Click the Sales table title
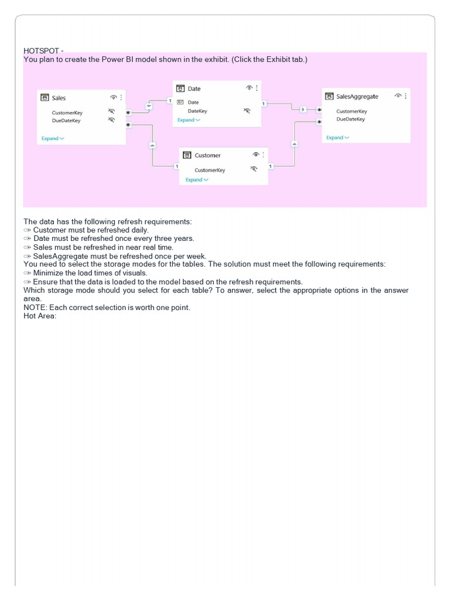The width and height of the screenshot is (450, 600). pyautogui.click(x=59, y=98)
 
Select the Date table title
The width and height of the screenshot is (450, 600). pyautogui.click(x=194, y=88)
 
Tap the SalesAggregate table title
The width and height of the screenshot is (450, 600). pyautogui.click(x=357, y=96)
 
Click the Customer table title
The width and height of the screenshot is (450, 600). pyautogui.click(x=207, y=155)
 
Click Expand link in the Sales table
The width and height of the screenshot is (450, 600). pyautogui.click(x=52, y=138)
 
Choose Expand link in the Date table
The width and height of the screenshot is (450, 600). pyautogui.click(x=188, y=120)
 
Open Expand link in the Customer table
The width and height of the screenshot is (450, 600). pyautogui.click(x=196, y=180)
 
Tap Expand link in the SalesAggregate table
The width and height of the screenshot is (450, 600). pyautogui.click(x=337, y=138)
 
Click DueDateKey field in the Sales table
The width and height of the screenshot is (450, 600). pyautogui.click(x=66, y=121)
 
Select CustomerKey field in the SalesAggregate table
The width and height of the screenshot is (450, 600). pyautogui.click(x=352, y=111)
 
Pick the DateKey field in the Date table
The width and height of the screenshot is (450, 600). pyautogui.click(x=197, y=111)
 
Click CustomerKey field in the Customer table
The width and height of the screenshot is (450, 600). pyautogui.click(x=210, y=170)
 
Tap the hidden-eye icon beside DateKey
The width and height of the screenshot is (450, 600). pyautogui.click(x=247, y=111)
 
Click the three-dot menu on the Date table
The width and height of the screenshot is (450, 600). pyautogui.click(x=257, y=88)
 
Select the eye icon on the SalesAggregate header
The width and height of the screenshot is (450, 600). pyautogui.click(x=398, y=96)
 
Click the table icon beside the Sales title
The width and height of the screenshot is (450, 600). pyautogui.click(x=44, y=98)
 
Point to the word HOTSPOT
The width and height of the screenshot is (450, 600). pyautogui.click(x=41, y=51)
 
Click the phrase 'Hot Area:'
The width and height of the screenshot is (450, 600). pyautogui.click(x=39, y=316)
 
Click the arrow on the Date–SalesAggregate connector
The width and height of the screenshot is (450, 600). pyautogui.click(x=302, y=109)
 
